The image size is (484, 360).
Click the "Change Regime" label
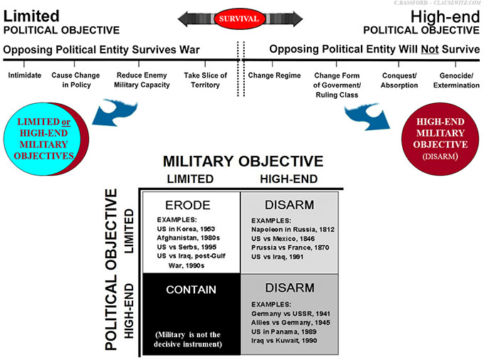click(x=272, y=75)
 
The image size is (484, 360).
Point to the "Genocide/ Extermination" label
click(x=456, y=80)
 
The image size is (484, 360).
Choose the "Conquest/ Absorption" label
click(x=399, y=80)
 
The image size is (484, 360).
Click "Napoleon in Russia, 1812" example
click(x=293, y=230)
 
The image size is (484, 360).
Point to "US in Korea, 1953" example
click(x=185, y=230)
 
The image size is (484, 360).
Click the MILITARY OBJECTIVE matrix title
click(x=243, y=162)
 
